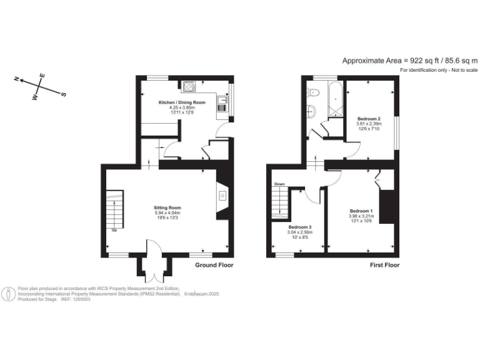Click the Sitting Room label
click(167, 207)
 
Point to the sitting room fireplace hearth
click(222, 196)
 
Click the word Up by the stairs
click(114, 231)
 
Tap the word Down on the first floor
click(279, 184)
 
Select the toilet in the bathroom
click(314, 92)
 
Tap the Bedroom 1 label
click(361, 211)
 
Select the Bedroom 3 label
click(299, 227)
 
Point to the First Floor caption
click(381, 265)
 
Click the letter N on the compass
click(18, 79)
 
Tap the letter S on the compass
click(63, 94)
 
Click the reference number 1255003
click(81, 300)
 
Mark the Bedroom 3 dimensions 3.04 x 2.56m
click(299, 232)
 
